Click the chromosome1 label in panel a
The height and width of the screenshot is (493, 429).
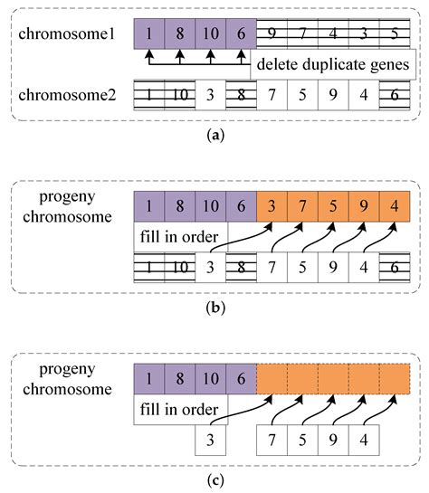coord(69,33)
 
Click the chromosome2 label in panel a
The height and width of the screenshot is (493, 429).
coord(69,95)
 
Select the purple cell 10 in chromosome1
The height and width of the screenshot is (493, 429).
coord(210,33)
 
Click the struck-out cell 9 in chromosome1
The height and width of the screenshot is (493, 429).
coord(272,33)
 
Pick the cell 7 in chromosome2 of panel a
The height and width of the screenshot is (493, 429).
coord(272,95)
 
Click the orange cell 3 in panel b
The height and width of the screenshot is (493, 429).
coord(272,207)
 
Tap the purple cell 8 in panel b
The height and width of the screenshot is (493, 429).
coord(179,207)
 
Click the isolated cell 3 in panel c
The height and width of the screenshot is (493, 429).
coord(211,442)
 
